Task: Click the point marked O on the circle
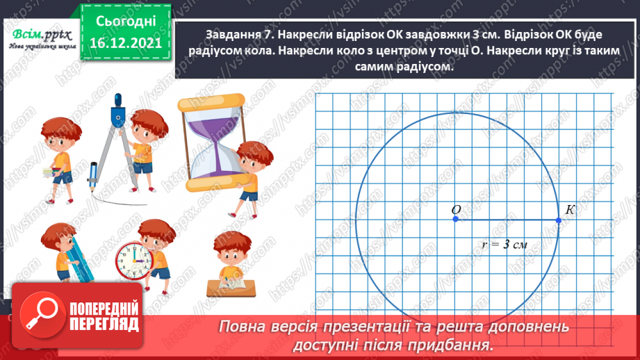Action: [x=456, y=220]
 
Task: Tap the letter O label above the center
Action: [x=457, y=209]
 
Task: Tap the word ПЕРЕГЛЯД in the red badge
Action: [x=105, y=325]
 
